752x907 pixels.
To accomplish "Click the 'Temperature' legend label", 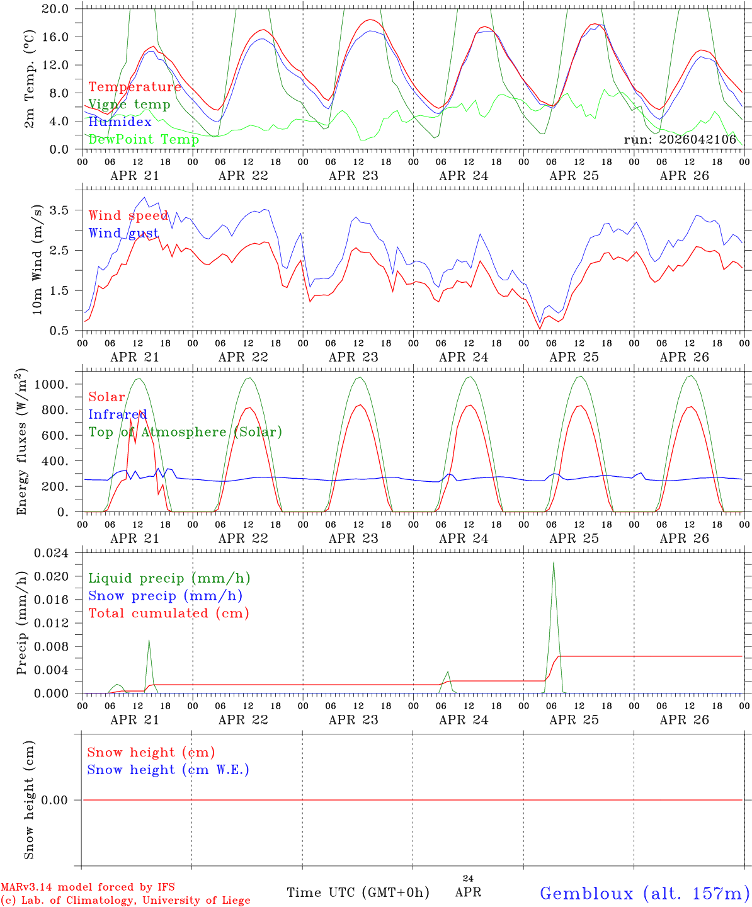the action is (135, 87).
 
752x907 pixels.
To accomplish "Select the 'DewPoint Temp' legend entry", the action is (144, 139).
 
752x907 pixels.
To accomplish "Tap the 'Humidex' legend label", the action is (120, 122).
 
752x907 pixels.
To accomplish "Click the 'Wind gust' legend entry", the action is (123, 234).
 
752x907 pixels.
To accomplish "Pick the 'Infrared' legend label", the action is (118, 414).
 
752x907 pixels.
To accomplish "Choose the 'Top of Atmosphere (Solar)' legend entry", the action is (186, 432).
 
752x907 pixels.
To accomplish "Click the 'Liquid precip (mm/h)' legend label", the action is (169, 579).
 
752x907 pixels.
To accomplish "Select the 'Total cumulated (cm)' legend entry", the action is (169, 613).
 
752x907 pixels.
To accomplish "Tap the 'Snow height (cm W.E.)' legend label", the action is (168, 770).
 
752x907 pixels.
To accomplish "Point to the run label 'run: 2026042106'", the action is (680, 139).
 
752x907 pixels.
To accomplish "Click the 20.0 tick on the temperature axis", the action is (55, 9).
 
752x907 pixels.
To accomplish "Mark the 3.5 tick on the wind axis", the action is (59, 210).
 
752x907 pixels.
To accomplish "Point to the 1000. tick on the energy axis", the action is (52, 384).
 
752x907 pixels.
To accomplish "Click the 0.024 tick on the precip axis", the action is (51, 553).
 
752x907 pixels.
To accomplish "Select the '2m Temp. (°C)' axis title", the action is (29, 79).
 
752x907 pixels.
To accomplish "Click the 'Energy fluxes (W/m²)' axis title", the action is (21, 442).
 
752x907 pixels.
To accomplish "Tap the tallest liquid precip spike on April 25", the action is (554, 563).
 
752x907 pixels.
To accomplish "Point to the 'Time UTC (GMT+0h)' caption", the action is (358, 893).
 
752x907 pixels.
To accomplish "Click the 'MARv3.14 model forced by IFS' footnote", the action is (88, 887).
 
